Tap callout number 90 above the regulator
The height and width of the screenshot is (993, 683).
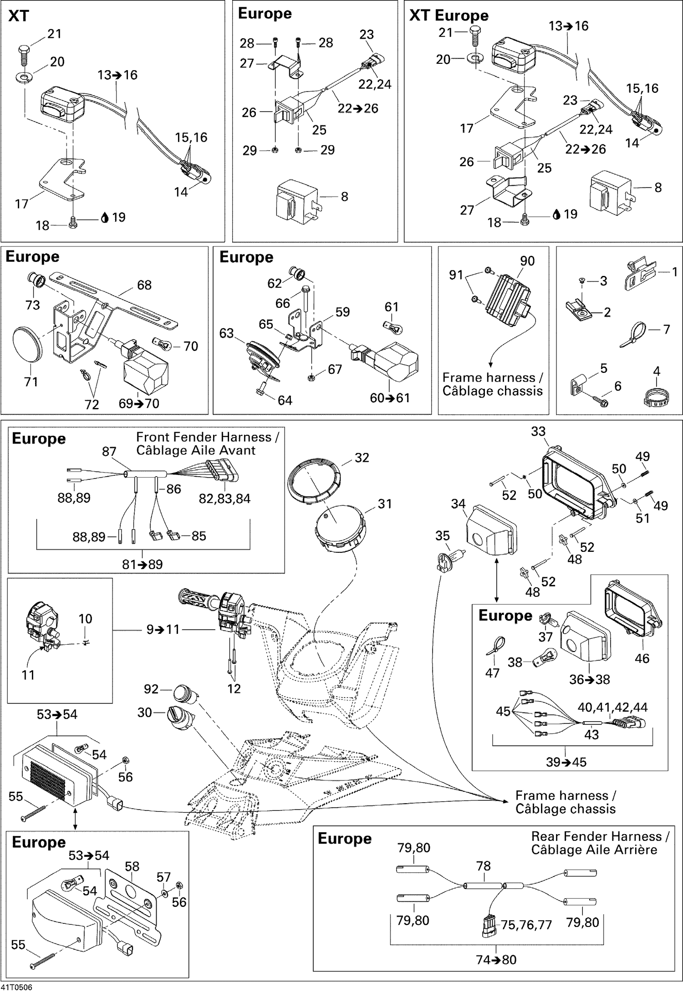527,261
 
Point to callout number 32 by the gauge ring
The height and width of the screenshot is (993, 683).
362,458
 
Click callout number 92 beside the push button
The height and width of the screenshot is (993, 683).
151,689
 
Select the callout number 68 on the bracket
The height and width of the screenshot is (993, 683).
144,285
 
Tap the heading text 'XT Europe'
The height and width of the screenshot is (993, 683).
449,15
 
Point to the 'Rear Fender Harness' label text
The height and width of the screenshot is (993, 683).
600,836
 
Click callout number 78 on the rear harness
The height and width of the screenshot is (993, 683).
483,866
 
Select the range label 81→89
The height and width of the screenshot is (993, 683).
142,564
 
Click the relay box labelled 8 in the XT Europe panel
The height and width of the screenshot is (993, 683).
610,191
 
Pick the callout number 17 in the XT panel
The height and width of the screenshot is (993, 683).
21,204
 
